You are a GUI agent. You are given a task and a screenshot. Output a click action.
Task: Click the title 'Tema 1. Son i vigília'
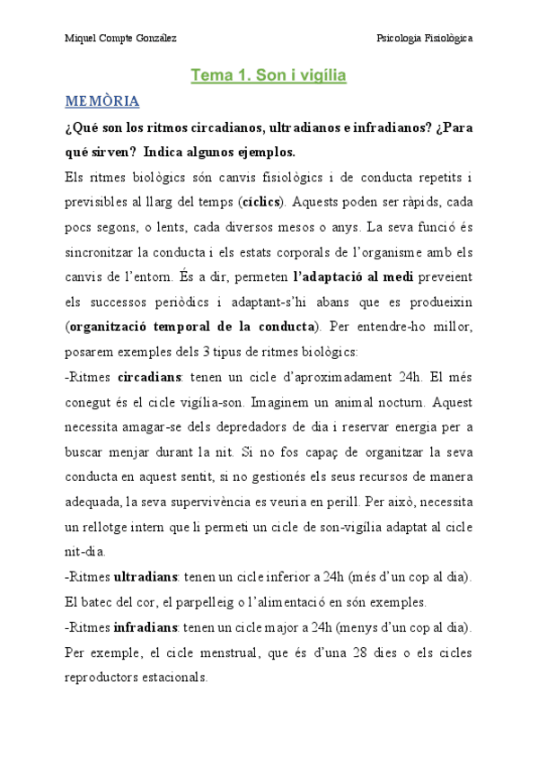point(268,76)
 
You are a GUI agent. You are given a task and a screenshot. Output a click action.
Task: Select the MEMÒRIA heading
point(101,101)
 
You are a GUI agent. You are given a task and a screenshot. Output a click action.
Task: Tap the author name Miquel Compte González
point(121,39)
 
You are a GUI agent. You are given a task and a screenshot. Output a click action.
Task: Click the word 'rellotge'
point(110,527)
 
